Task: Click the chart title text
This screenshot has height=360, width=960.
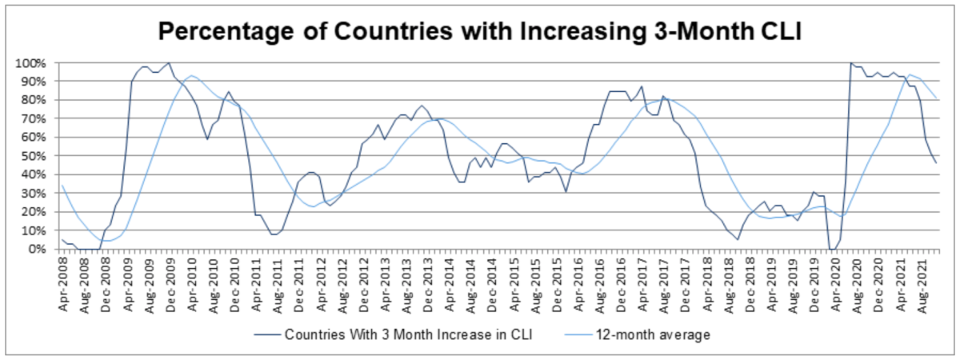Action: [480, 31]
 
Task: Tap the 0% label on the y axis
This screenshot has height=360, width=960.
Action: [42, 249]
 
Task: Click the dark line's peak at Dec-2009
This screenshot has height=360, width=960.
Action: [169, 62]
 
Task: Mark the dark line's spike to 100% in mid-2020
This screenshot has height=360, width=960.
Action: [851, 62]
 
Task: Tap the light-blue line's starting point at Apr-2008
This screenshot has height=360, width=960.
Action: [62, 186]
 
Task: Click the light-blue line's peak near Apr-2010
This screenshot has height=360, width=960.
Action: [190, 75]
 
